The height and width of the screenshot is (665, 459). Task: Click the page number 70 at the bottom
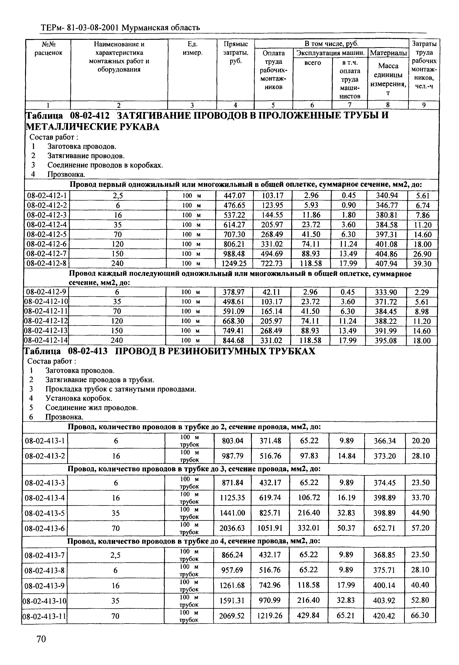pos(41,639)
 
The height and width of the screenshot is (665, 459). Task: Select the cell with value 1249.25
pos(234,263)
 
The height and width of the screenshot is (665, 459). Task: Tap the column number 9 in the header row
pos(424,105)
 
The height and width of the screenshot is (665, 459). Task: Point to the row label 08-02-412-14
pos(46,341)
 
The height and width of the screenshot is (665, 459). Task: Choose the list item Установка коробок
pos(78,398)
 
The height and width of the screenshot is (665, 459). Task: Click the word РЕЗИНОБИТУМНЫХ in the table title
pos(215,351)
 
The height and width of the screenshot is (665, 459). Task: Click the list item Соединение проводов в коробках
pos(105,165)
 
